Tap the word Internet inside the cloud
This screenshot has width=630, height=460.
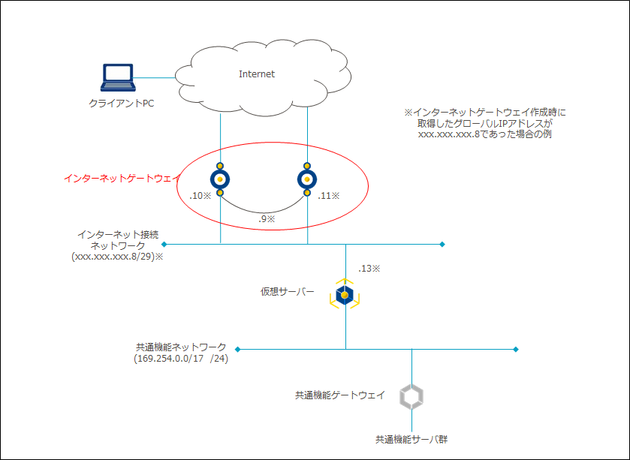tap(257, 74)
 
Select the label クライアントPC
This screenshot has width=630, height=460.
tap(121, 104)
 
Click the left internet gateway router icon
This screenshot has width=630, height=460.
tap(220, 179)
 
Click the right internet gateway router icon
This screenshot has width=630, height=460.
tap(307, 179)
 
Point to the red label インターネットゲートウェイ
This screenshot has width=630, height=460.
tap(122, 179)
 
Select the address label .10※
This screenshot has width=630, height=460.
tap(200, 196)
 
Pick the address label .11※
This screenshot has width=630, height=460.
tap(329, 196)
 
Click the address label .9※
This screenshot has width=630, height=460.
tap(266, 219)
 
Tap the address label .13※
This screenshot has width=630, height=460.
tap(369, 268)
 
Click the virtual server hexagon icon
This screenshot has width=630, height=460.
tap(345, 296)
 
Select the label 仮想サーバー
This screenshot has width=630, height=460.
tap(288, 291)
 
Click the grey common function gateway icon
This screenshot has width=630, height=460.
tap(411, 397)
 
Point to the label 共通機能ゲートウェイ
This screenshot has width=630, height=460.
tap(340, 395)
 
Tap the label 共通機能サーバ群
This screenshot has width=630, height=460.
tap(412, 440)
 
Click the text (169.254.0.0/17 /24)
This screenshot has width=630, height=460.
tap(180, 359)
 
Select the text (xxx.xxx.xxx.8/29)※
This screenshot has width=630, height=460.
tap(118, 256)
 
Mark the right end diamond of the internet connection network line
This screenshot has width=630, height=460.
tap(442, 244)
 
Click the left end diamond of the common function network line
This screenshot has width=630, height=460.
tap(237, 350)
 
